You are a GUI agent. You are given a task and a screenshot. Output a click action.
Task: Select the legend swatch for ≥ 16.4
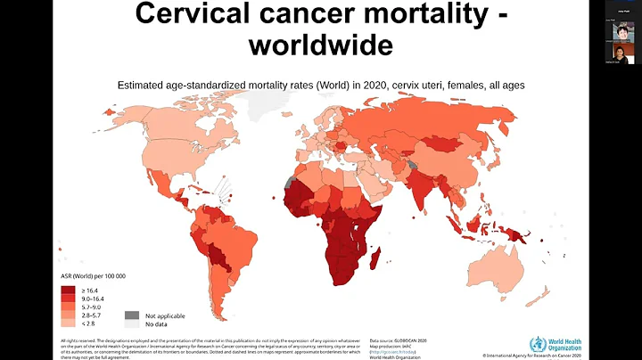pyautogui.click(x=69, y=289)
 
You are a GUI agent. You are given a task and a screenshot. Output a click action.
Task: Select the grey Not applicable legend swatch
pyautogui.click(x=131, y=315)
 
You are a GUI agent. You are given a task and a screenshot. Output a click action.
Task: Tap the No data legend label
pyautogui.click(x=154, y=324)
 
